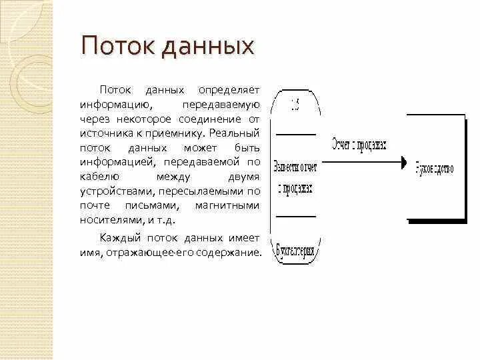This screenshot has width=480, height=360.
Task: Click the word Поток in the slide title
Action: [x=109, y=47]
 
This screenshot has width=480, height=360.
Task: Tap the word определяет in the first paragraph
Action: [x=228, y=89]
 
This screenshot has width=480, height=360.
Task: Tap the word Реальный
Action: [x=237, y=133]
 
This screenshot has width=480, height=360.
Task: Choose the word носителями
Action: [x=108, y=221]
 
